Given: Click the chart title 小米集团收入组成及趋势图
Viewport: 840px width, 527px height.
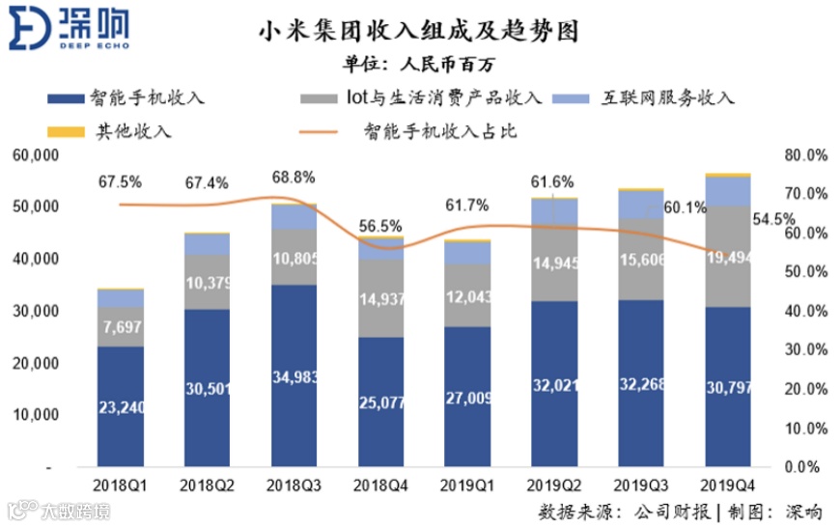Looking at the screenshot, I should (419, 32).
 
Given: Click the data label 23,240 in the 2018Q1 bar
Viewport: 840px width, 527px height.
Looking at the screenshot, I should (121, 407).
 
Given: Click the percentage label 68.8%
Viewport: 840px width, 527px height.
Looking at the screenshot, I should (293, 179).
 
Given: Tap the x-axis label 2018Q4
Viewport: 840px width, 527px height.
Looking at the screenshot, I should (380, 482).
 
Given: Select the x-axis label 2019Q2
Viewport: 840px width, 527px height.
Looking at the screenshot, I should (554, 482).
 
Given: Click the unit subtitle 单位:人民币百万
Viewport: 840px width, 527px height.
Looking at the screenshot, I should (419, 65).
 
